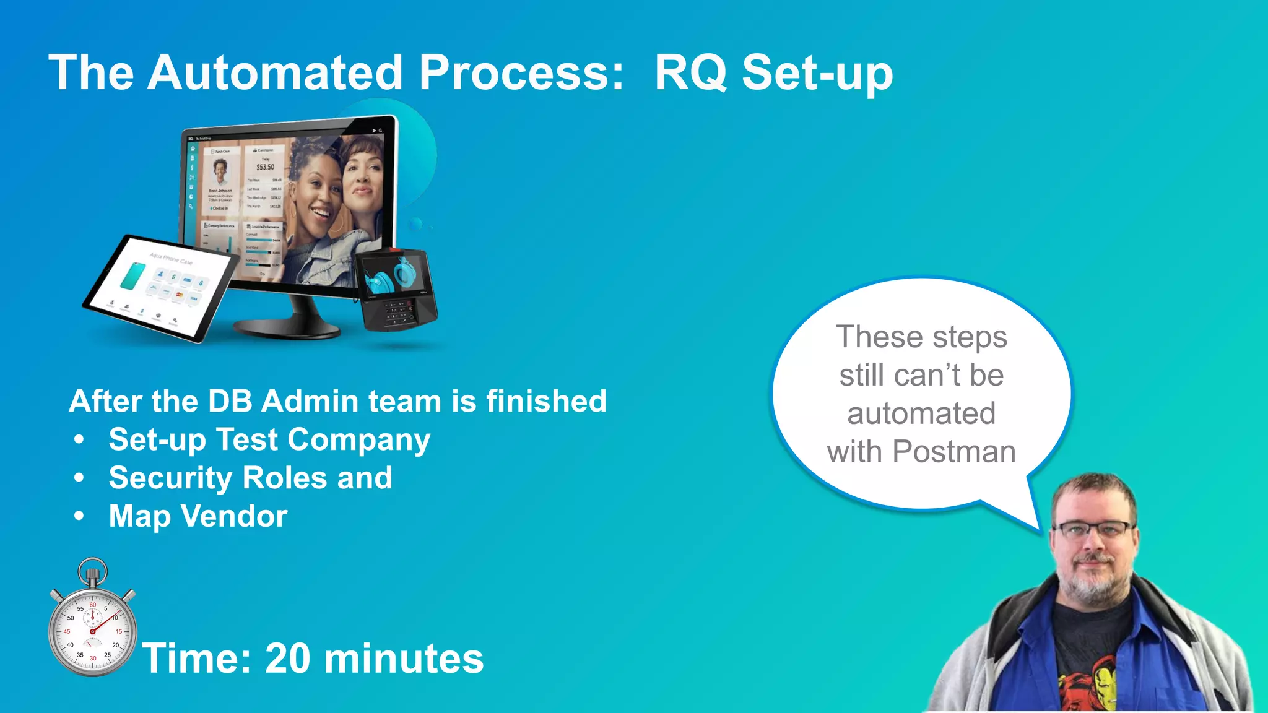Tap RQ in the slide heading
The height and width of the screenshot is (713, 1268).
coord(690,74)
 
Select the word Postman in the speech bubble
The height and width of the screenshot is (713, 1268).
coord(954,452)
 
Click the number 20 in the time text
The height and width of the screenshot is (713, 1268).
coord(287,658)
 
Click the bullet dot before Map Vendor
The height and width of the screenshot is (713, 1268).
coord(79,516)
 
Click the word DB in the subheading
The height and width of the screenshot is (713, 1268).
coord(230,401)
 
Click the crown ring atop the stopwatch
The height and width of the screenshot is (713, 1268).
coord(93,566)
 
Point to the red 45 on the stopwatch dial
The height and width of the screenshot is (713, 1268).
coord(67,631)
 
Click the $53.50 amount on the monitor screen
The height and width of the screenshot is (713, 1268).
coord(265,167)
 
